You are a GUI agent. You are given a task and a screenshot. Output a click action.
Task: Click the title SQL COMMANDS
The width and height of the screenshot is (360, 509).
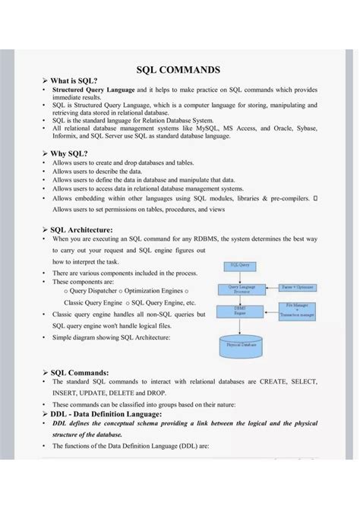pyautogui.click(x=178, y=70)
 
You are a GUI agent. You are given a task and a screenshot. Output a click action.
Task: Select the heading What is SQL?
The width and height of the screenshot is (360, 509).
pyautogui.click(x=74, y=81)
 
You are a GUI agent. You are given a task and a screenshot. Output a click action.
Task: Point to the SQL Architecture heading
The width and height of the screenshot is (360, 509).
pyautogui.click(x=81, y=229)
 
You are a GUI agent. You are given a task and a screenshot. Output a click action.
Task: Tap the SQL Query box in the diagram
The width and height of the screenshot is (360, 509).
pyautogui.click(x=239, y=266)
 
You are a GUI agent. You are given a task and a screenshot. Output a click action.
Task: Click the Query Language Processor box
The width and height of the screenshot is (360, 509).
pyautogui.click(x=239, y=289)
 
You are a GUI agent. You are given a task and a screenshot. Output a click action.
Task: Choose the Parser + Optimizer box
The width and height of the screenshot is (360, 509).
pyautogui.click(x=297, y=288)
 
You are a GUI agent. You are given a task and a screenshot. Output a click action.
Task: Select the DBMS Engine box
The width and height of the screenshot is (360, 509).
pyautogui.click(x=239, y=311)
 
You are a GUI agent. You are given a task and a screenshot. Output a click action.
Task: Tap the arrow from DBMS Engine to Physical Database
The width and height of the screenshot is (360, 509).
pyautogui.click(x=239, y=324)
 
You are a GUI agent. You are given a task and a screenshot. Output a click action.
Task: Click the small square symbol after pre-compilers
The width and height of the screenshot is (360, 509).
pyautogui.click(x=314, y=198)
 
